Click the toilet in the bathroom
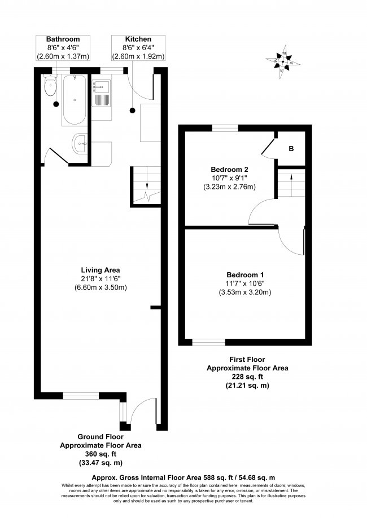51,87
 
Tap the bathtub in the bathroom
73,100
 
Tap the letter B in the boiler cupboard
291,149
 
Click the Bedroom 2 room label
229,170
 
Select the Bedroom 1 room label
245,275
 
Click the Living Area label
101,269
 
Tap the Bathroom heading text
63,39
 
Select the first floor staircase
290,182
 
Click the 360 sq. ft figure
101,454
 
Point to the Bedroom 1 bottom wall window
208,342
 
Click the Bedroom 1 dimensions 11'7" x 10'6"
245,284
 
